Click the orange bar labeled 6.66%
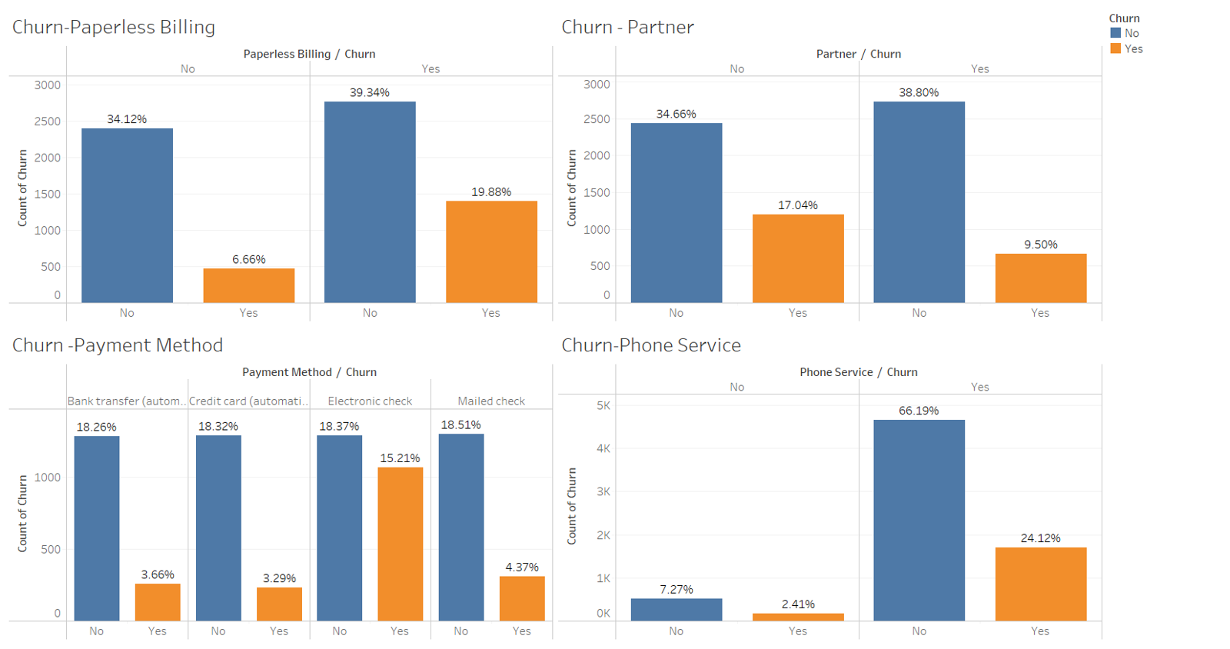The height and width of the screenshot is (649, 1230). tap(248, 285)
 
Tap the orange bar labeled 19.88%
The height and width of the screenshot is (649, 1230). tap(491, 251)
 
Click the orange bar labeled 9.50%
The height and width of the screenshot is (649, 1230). tap(1041, 278)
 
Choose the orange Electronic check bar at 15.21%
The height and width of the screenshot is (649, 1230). tap(400, 544)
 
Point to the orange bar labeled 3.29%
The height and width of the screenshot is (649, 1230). tap(279, 604)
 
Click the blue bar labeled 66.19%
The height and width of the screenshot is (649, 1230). tap(919, 520)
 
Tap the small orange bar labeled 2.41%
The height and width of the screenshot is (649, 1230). tap(798, 617)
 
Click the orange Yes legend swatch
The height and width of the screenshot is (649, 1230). tap(1115, 48)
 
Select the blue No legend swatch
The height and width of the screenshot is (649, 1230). tap(1115, 33)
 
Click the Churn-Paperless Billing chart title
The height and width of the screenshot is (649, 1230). tap(114, 27)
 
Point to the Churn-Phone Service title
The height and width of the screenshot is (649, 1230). tap(650, 345)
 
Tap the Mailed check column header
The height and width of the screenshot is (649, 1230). tap(491, 401)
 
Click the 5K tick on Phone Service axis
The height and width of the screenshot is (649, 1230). tap(603, 405)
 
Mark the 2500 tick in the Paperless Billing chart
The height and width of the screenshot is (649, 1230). tap(48, 121)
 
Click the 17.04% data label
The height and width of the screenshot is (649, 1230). tap(798, 205)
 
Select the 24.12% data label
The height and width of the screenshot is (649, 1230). tap(1040, 538)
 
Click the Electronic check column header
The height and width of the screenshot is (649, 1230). tap(370, 401)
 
